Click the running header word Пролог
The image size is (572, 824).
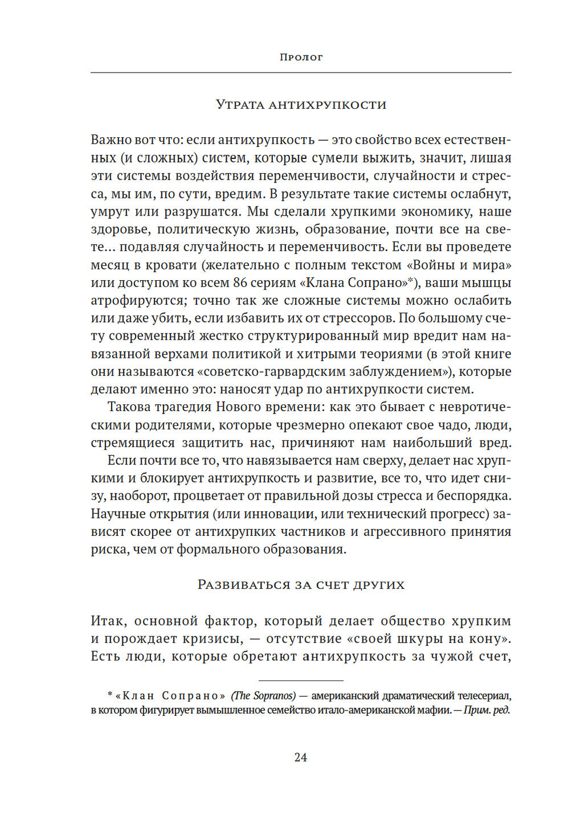pos(301,57)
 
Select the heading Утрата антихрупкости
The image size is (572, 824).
pos(301,105)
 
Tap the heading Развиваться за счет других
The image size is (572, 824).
pos(301,585)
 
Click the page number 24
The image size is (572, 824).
pos(301,758)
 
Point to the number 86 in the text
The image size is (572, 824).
pos(240,283)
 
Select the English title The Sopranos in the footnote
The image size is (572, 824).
pos(263,696)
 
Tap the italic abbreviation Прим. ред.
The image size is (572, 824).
pos(486,711)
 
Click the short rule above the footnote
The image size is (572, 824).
pos(301,680)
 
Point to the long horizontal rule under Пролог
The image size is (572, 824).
pos(301,73)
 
